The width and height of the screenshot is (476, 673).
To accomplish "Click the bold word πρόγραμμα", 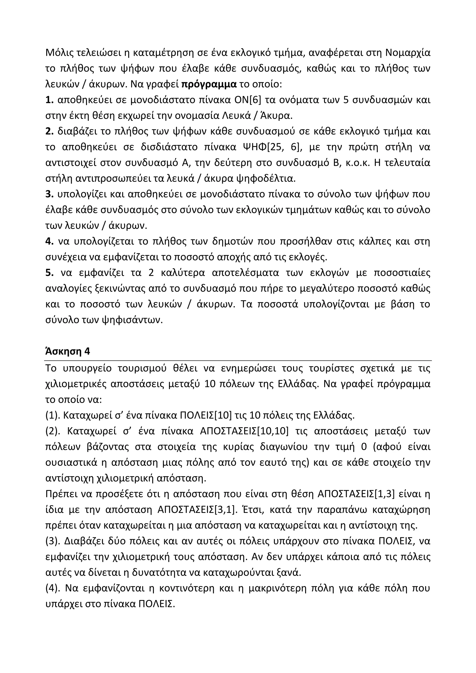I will point(209,84).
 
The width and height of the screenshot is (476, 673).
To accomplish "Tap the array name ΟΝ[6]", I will point(248,100).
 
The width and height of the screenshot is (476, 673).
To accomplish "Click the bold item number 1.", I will point(49,100).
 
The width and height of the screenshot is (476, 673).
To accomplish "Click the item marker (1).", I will point(53,415).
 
